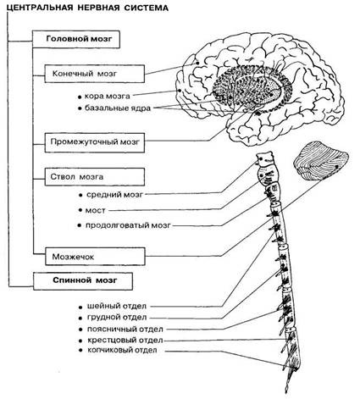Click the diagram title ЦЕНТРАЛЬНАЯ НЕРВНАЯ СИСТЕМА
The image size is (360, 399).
coord(87,8)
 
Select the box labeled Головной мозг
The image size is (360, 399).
coord(76,39)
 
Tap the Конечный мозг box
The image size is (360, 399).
coord(95,74)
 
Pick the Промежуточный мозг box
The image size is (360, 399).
coord(95,141)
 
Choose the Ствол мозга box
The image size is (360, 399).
coord(95,177)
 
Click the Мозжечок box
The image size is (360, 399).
coord(95,257)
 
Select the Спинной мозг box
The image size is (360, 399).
coord(83,281)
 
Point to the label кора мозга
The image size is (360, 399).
coord(108,97)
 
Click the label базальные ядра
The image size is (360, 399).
coord(118,108)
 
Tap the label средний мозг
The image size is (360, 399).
coord(114,195)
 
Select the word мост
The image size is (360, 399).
coord(95,211)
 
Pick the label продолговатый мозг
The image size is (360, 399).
coord(128,225)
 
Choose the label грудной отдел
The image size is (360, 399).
coord(117,318)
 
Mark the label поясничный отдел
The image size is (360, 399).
coord(125,330)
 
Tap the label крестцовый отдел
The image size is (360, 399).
coord(125,341)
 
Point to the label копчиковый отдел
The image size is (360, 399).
coord(122,351)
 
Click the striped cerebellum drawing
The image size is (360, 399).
coord(321,162)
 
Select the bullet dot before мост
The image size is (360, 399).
coord(80,211)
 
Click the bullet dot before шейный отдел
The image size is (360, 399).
coord(81,307)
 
